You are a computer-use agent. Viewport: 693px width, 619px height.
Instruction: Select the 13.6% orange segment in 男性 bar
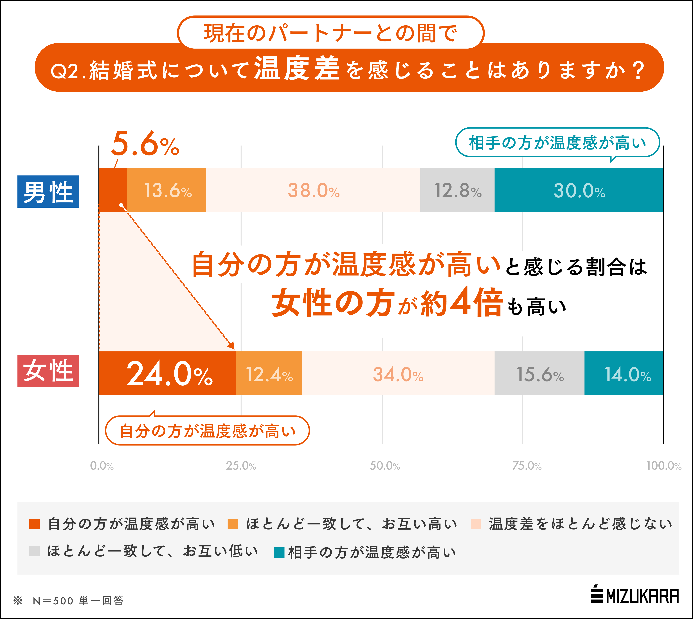pyautogui.click(x=167, y=190)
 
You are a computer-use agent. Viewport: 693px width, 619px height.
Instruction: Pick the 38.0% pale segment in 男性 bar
pyautogui.click(x=313, y=190)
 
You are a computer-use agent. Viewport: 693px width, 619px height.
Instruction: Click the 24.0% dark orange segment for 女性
pyautogui.click(x=167, y=373)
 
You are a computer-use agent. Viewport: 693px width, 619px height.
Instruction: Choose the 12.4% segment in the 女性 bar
pyautogui.click(x=269, y=373)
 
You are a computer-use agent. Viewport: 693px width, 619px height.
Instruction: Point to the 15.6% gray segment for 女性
pyautogui.click(x=540, y=373)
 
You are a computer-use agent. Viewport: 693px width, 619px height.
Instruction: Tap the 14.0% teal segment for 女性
pyautogui.click(x=624, y=373)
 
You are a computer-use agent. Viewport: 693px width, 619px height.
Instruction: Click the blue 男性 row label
pyautogui.click(x=48, y=191)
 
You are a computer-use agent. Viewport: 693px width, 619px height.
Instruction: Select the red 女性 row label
pyautogui.click(x=48, y=371)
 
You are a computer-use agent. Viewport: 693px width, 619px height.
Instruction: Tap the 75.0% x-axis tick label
pyautogui.click(x=527, y=466)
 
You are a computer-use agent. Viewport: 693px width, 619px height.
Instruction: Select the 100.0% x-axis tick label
pyautogui.click(x=663, y=466)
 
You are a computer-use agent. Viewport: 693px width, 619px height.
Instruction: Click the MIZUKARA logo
pyautogui.click(x=635, y=596)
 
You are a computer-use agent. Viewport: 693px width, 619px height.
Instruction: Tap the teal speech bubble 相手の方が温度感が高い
pyautogui.click(x=557, y=143)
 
